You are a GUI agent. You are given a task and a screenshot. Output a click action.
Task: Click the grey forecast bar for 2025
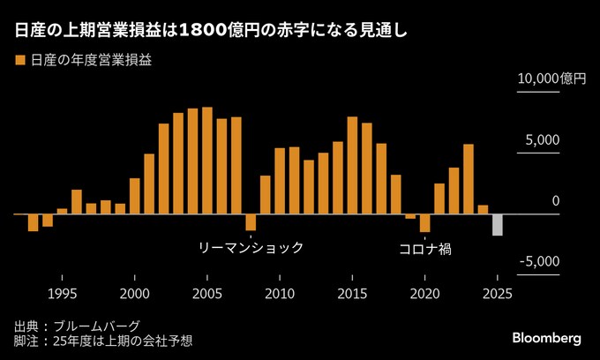[x=498, y=224]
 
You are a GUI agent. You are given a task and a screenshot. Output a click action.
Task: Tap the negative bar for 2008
[x=251, y=221]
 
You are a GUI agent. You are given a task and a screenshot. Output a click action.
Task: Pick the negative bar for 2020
[x=424, y=222]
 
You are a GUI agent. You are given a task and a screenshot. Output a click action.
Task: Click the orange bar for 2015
[x=352, y=165]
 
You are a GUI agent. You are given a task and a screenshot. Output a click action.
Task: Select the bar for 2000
[x=135, y=196]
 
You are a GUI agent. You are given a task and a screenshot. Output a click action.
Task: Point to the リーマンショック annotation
[x=251, y=248]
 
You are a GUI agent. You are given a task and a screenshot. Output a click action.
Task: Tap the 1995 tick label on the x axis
[x=62, y=293]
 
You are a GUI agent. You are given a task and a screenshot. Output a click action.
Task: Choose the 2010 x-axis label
[x=280, y=293]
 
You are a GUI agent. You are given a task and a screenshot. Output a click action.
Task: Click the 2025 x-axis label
[x=498, y=293]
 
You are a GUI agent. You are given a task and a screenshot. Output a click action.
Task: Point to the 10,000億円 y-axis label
[x=551, y=79]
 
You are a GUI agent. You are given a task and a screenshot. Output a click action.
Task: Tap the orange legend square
[x=19, y=61]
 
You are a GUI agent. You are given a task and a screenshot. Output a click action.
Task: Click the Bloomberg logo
[x=546, y=338]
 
